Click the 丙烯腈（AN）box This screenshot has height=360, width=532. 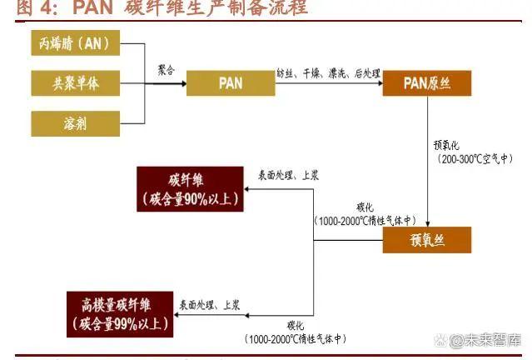pos(74,42)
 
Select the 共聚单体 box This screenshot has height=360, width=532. pos(74,83)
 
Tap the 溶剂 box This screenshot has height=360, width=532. pos(74,123)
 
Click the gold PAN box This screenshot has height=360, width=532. pos(230,83)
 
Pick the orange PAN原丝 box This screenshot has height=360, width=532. pos(426,83)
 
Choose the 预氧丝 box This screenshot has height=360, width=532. pos(426,240)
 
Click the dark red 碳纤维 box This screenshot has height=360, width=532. pos(191,189)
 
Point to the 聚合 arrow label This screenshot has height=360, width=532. pos(166,72)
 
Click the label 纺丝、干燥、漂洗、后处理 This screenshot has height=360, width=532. pos(328,73)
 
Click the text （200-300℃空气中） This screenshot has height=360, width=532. pos(471,157)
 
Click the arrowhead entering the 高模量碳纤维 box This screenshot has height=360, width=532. pos(178,315)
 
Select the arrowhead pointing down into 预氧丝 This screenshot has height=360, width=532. pos(426,222)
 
